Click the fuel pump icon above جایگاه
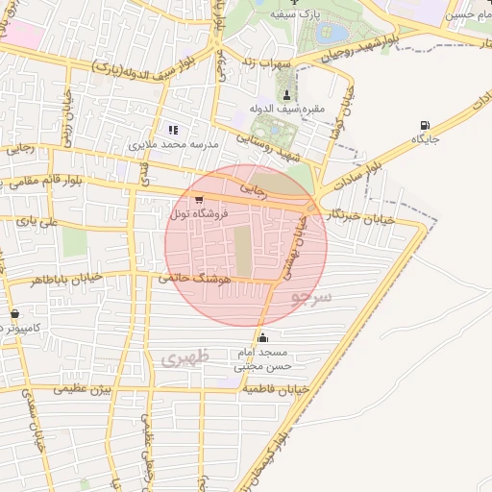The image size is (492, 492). pos(424,125)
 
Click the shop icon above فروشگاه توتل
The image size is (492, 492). pos(198,200)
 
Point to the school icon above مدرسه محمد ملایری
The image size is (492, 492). pos(173,129)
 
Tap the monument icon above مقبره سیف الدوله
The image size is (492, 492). pos(287,93)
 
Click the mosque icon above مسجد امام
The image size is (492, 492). pos(263,337)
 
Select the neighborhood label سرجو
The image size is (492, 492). pos(310,297)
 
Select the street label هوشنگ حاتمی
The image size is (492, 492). pos(198,277)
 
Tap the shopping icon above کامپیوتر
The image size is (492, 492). pos(14,314)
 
